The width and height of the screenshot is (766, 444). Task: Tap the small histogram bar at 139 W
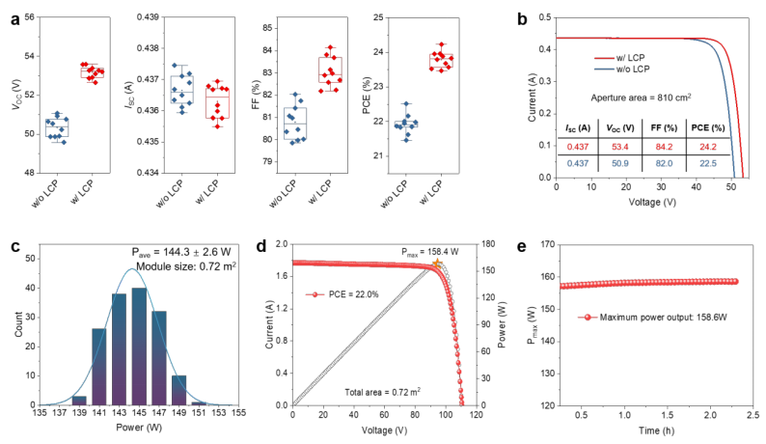point(79,401)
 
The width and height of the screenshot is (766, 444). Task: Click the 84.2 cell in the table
point(664,147)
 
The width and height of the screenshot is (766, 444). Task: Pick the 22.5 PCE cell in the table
point(708,163)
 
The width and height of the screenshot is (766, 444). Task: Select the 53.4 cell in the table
point(620,147)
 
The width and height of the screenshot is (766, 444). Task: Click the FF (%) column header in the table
point(664,128)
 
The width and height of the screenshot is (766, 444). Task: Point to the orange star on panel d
point(437,264)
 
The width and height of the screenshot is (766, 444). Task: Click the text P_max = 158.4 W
point(430,252)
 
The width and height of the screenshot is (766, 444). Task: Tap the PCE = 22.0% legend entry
point(342,294)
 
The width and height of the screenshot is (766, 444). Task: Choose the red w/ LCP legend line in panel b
point(604,58)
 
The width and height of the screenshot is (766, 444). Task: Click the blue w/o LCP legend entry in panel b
point(622,69)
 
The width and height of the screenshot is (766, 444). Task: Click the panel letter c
point(15,246)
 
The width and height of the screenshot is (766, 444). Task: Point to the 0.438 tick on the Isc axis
point(148,48)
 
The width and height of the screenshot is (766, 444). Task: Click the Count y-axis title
point(19,324)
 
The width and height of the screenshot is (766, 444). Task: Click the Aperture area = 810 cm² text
point(641,97)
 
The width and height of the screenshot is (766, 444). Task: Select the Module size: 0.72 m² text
point(186,266)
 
